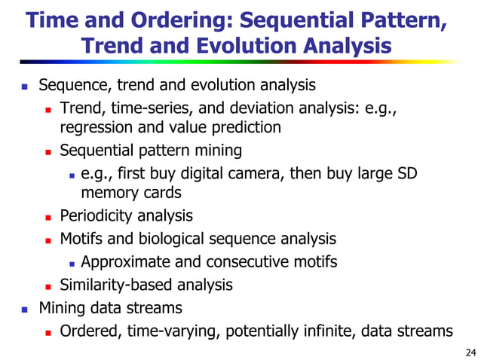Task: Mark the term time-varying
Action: point(170,331)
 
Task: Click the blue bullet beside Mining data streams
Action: point(24,308)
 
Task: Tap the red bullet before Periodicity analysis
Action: point(46,217)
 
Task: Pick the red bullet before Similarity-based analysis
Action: point(46,285)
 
